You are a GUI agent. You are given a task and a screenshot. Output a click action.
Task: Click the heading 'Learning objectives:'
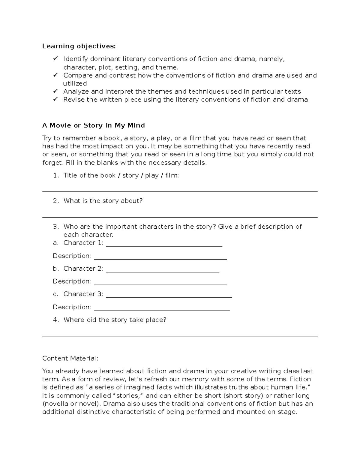[x=79, y=46]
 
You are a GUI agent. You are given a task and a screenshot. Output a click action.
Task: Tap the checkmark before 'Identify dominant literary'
[x=55, y=59]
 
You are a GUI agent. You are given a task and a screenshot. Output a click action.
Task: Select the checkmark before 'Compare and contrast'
[x=55, y=75]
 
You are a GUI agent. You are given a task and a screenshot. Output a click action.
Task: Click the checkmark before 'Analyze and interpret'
[x=55, y=91]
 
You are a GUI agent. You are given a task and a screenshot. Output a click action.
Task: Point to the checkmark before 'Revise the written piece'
[x=55, y=99]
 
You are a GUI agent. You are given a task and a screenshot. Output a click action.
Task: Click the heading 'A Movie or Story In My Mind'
[x=94, y=125]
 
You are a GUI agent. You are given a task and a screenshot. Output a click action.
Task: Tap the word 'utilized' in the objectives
[x=75, y=83]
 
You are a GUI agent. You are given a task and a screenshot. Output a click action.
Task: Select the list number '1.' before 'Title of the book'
[x=56, y=176]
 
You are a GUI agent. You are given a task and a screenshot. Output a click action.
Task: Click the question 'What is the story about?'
[x=103, y=201]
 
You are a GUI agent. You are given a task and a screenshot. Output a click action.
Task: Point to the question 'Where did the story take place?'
[x=115, y=320]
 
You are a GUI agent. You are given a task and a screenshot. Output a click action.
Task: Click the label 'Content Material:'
[x=70, y=358]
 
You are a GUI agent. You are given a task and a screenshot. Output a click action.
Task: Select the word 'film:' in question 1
[x=172, y=176]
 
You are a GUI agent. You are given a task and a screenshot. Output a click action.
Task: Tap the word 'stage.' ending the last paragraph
[x=288, y=412]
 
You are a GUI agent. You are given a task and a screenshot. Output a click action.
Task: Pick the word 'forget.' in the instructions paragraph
[x=53, y=163]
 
